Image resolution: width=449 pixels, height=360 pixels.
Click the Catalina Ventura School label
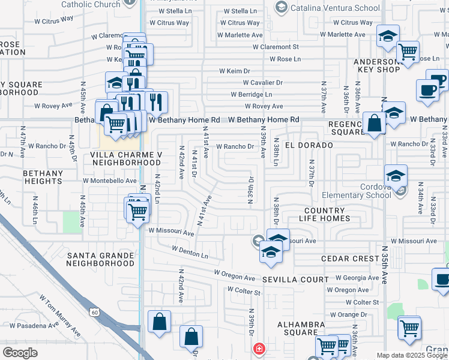pyautogui.click(x=335, y=8)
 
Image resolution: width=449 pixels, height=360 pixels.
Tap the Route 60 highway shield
pyautogui.click(x=94, y=312)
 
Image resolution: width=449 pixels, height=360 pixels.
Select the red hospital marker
pyautogui.click(x=259, y=349)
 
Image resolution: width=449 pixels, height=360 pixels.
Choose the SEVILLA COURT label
pyautogui.click(x=295, y=280)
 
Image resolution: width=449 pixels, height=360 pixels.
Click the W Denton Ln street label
pyautogui.click(x=190, y=252)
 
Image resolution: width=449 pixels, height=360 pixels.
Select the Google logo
pyautogui.click(x=20, y=353)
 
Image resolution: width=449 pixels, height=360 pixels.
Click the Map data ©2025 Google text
pyautogui.click(x=412, y=355)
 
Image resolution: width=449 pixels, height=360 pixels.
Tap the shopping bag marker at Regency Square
pyautogui.click(x=374, y=124)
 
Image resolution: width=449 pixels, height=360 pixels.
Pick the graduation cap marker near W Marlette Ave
pyautogui.click(x=388, y=37)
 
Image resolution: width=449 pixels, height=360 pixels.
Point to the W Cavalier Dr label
pyautogui.click(x=262, y=82)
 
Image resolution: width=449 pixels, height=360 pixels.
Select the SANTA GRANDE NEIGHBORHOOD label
pyautogui.click(x=100, y=259)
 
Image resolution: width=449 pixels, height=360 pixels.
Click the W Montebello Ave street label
pyautogui.click(x=110, y=181)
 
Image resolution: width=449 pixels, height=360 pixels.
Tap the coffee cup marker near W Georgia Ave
pyautogui.click(x=442, y=280)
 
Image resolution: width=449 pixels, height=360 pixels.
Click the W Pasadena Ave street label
pyautogui.click(x=30, y=326)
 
